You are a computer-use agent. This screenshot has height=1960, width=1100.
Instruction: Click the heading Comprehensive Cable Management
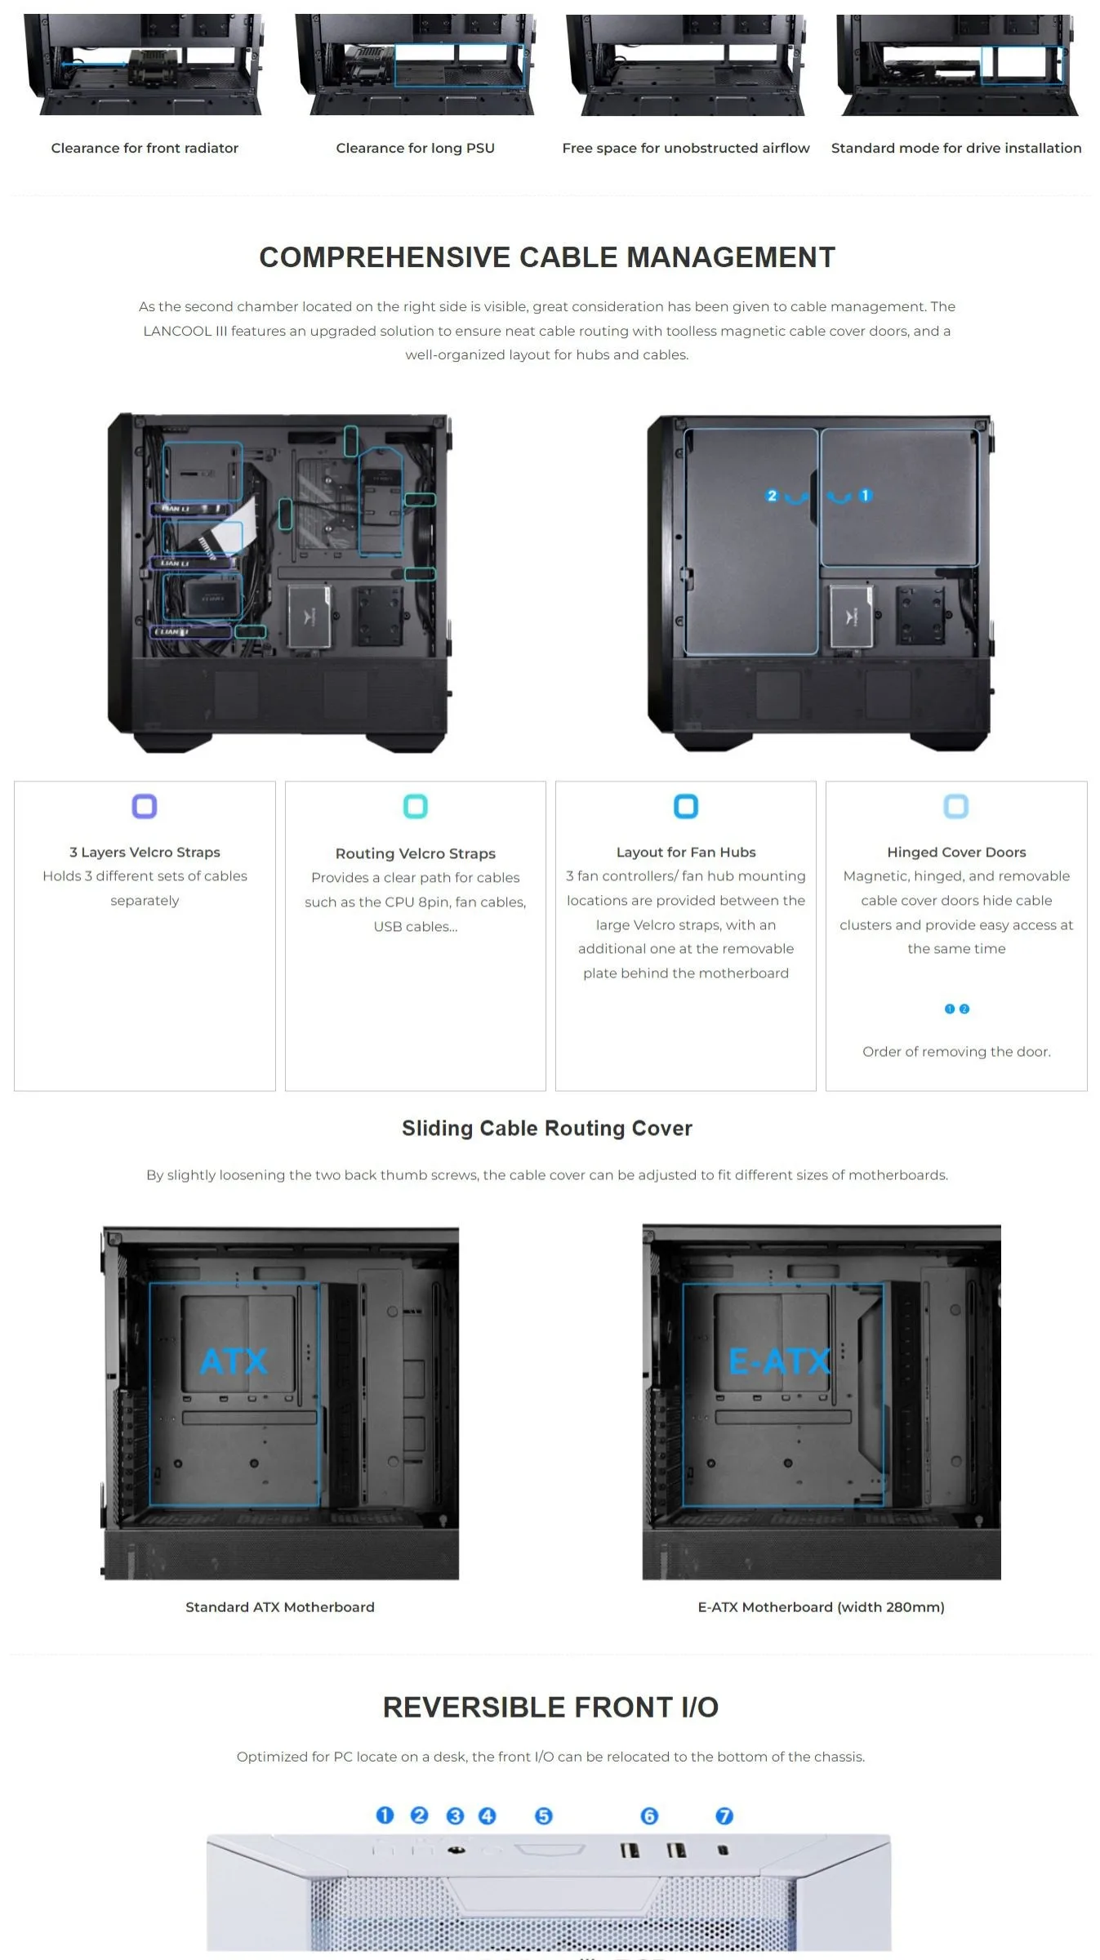pos(547,257)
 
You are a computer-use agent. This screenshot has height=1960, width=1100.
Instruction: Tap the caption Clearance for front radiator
pos(145,148)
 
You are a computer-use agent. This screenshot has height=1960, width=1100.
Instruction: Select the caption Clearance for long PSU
pos(415,148)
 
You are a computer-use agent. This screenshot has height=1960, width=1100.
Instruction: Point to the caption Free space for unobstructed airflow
pos(686,148)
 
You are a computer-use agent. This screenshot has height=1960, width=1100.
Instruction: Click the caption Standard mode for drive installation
pos(956,148)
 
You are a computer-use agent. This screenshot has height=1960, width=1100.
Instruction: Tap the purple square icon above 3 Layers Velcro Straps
pos(145,806)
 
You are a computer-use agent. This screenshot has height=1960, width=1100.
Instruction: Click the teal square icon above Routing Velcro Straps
pos(416,806)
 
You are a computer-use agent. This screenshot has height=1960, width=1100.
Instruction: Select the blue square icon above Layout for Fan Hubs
pos(686,806)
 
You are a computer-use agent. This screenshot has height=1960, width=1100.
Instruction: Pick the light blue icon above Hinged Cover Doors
pos(956,806)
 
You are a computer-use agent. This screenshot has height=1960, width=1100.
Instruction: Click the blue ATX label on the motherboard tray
pos(234,1361)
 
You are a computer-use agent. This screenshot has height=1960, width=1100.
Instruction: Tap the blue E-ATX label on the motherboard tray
pos(779,1361)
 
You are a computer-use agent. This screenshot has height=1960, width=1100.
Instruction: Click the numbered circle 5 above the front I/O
pos(544,1815)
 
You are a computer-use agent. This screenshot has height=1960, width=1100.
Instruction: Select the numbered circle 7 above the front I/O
pos(724,1815)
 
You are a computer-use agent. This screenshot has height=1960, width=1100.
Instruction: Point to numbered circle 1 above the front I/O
pos(385,1815)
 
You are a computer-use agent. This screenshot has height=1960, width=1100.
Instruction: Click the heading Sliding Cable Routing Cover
pos(547,1128)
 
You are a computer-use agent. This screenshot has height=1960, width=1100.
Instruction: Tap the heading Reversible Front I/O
pos(550,1707)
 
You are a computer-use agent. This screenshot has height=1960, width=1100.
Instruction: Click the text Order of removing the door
pos(956,1051)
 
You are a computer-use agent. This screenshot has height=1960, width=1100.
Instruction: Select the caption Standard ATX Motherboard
pos(280,1606)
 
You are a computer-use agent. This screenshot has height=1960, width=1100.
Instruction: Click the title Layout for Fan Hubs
pos(686,852)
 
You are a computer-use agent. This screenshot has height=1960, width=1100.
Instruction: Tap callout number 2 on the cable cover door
pos(772,495)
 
